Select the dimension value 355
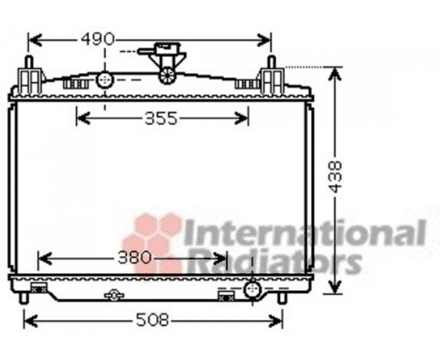point(161,118)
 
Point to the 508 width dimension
point(153,320)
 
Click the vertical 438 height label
point(335,176)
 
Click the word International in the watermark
point(305,233)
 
